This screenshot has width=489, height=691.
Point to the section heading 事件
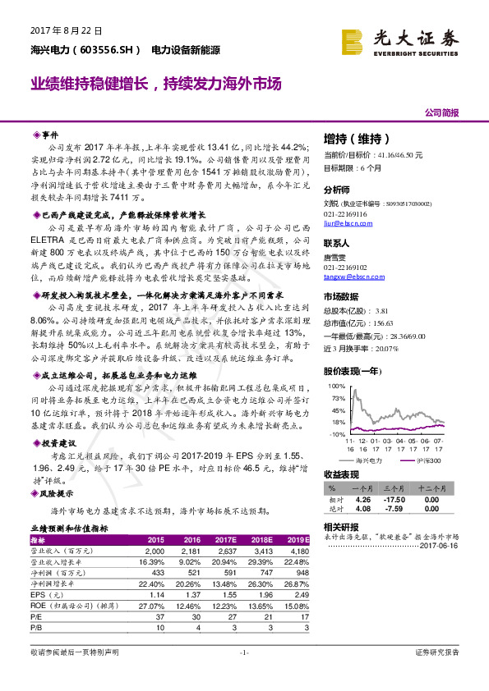point(51,133)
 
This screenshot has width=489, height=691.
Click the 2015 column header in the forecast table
point(155,539)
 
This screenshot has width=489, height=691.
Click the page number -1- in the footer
point(243,675)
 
